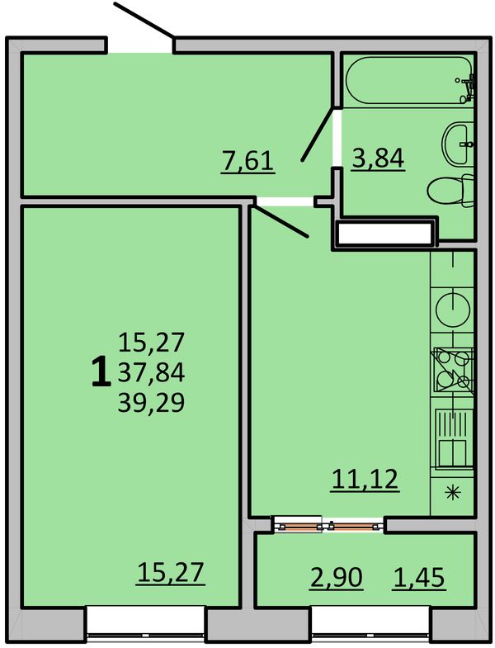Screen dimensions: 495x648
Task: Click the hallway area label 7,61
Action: tap(248, 161)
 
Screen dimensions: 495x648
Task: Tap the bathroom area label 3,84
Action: tap(378, 158)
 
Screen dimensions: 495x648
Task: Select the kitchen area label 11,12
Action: tap(365, 480)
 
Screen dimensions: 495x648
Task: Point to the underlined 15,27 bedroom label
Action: tap(171, 573)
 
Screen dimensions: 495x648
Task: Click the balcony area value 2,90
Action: tap(337, 577)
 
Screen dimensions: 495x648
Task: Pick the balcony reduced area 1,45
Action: tap(419, 577)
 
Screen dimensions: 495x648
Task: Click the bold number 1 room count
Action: tap(101, 372)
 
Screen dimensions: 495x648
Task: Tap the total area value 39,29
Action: tap(151, 403)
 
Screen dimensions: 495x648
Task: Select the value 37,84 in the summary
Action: tap(151, 372)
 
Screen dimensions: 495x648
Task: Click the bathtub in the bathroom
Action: tap(409, 80)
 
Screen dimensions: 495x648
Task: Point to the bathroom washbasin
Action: tap(458, 144)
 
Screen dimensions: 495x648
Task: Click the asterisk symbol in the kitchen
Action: tap(453, 492)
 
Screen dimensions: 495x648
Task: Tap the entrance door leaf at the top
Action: tap(144, 20)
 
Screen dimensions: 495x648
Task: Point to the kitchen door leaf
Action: tap(280, 221)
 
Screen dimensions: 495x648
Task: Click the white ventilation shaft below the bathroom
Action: tap(385, 234)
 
